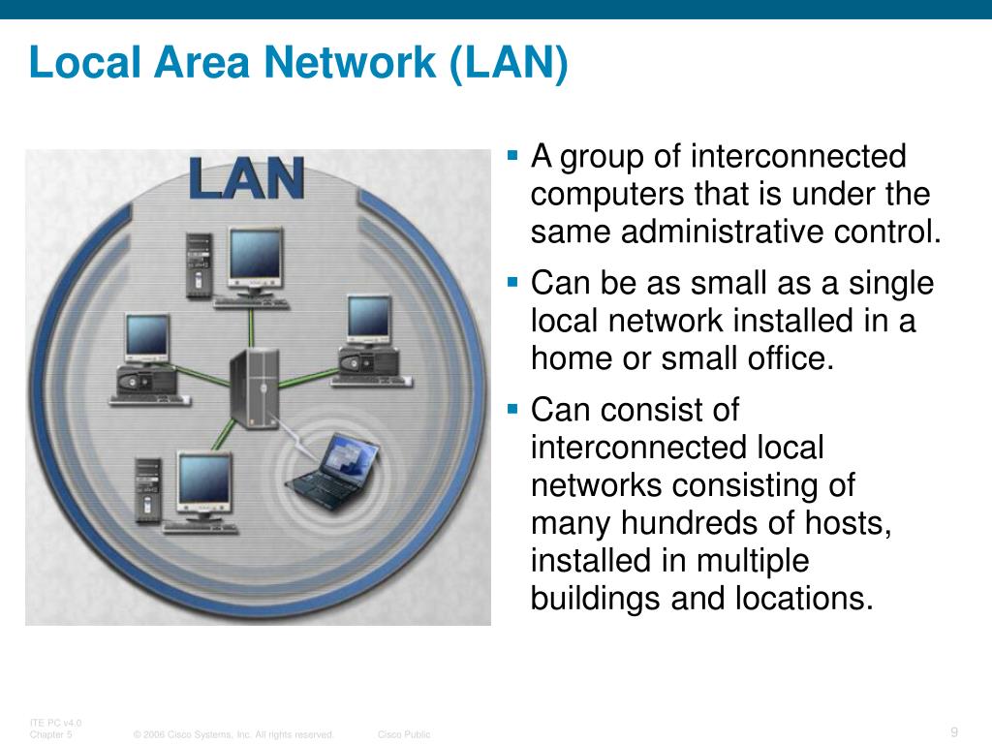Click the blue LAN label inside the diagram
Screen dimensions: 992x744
[246, 178]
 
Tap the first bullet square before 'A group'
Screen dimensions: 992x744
[514, 154]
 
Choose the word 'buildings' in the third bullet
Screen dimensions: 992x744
[596, 599]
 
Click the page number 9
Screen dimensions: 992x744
[954, 731]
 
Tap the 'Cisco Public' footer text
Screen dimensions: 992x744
[404, 735]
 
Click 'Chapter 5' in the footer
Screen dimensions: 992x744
[50, 735]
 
